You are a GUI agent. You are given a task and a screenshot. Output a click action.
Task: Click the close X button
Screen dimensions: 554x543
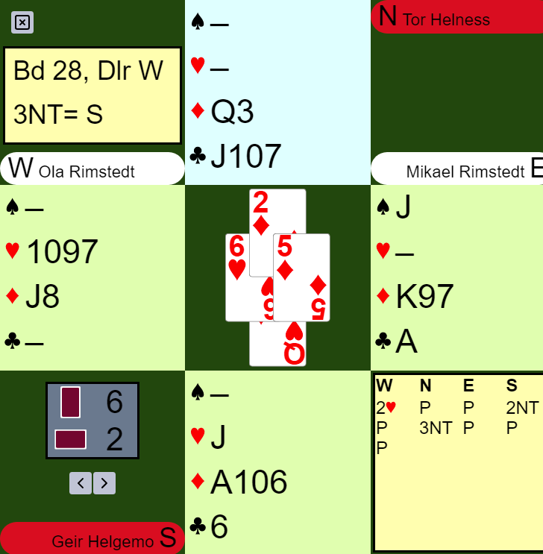pyautogui.click(x=22, y=22)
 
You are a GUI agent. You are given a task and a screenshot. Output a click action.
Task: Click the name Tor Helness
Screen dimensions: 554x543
pyautogui.click(x=446, y=19)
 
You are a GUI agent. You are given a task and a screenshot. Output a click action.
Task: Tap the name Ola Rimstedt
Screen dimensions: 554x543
pyautogui.click(x=87, y=171)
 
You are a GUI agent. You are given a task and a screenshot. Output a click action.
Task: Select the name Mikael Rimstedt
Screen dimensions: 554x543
pyautogui.click(x=465, y=171)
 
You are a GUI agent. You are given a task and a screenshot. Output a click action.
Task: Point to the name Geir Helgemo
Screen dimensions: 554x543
pyautogui.click(x=102, y=541)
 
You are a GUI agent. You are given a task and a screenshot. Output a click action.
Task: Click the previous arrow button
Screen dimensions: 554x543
pyautogui.click(x=80, y=483)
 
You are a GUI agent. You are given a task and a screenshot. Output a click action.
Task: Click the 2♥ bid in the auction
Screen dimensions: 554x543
pyautogui.click(x=386, y=408)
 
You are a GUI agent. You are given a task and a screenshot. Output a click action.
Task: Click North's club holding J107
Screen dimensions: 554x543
pyautogui.click(x=245, y=157)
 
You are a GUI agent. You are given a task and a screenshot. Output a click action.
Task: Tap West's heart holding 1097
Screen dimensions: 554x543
pyautogui.click(x=62, y=252)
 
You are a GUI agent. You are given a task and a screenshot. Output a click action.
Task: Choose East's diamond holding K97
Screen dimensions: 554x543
pyautogui.click(x=424, y=297)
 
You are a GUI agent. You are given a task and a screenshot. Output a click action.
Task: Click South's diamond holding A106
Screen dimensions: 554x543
pyautogui.click(x=248, y=482)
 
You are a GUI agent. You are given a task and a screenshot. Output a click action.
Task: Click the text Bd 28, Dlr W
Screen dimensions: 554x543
pyautogui.click(x=88, y=72)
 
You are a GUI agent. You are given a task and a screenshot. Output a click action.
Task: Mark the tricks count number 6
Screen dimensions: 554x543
pyautogui.click(x=114, y=402)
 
